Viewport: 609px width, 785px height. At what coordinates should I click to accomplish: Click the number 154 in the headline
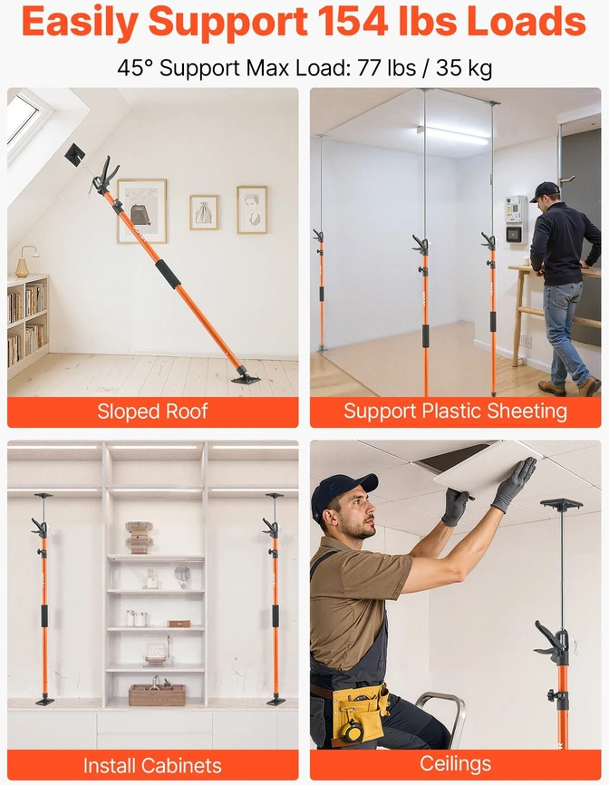[353, 21]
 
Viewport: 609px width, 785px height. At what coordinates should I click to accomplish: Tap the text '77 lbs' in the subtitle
[386, 68]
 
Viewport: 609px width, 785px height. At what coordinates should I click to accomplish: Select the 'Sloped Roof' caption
[152, 412]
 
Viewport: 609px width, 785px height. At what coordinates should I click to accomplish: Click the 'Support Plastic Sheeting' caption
[455, 411]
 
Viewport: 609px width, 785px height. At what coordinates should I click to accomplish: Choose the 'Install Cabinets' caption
[152, 765]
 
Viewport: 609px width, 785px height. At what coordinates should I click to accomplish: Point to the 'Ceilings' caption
[455, 764]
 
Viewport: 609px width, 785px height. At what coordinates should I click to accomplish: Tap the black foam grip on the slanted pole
[168, 274]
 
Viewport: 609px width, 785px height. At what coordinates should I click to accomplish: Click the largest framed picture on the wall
[142, 211]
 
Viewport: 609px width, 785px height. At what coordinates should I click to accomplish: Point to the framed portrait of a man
[252, 209]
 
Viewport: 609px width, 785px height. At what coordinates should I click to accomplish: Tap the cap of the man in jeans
[545, 190]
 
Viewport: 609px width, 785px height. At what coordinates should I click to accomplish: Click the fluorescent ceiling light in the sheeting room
[452, 135]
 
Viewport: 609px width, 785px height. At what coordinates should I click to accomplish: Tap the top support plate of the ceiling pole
[562, 504]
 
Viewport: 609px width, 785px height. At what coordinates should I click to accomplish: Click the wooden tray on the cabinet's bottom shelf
[157, 694]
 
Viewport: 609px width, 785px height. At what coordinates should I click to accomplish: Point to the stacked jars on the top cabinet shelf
[139, 538]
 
